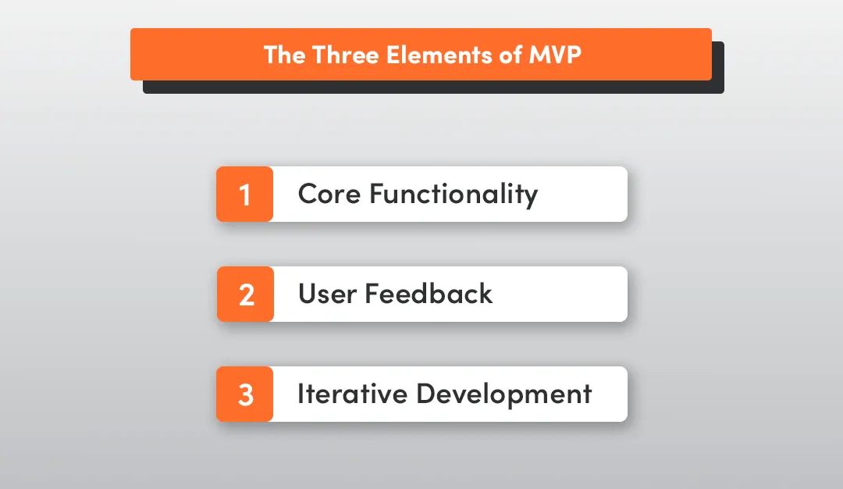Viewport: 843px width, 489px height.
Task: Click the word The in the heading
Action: (x=284, y=55)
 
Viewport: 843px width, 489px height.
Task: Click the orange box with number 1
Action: (x=245, y=194)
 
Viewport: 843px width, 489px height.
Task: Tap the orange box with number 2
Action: (x=245, y=294)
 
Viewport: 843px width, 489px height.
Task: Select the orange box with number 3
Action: (x=245, y=394)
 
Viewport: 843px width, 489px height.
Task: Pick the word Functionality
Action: (x=454, y=194)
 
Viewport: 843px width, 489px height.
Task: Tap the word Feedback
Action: (x=429, y=294)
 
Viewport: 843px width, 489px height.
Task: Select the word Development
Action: (x=503, y=394)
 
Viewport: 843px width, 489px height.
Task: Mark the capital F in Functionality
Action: (x=376, y=193)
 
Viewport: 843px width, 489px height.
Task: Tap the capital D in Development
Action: (x=424, y=393)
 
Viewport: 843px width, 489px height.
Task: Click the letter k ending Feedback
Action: (x=486, y=294)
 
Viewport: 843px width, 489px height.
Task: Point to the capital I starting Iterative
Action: (x=301, y=393)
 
